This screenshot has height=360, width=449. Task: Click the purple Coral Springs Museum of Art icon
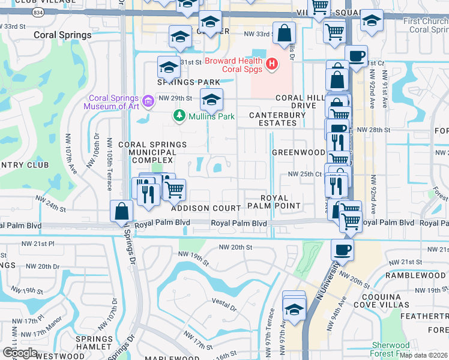(149, 98)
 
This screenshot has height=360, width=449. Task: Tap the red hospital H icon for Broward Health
(272, 62)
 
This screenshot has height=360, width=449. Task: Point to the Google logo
(20, 353)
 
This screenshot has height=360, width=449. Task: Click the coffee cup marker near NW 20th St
(343, 249)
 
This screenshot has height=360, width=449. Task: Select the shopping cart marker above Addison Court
(174, 190)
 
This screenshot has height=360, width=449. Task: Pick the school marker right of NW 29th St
(211, 99)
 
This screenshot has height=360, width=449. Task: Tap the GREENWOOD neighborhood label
(299, 152)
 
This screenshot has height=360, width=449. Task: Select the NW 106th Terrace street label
(109, 164)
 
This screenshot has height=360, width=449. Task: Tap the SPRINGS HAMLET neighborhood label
(94, 343)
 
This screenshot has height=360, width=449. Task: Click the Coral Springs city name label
(63, 35)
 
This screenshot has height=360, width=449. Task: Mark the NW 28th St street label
(373, 130)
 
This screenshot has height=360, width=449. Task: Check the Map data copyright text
(424, 355)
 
